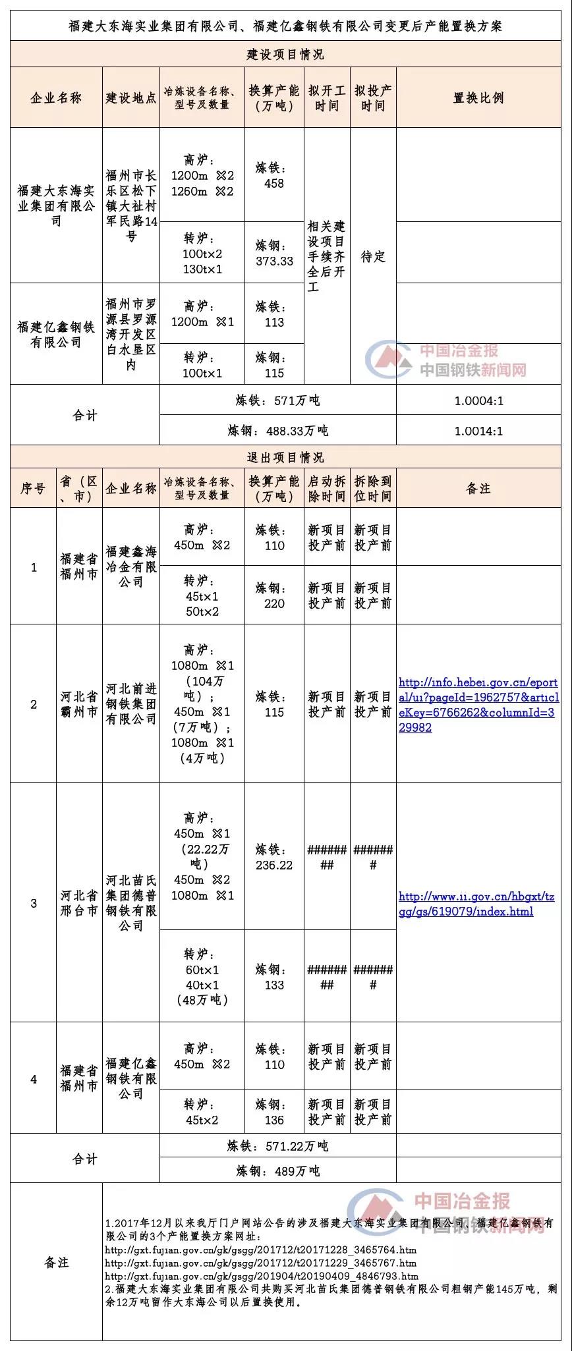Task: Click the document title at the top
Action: coord(285,26)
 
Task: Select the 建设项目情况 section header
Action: coord(285,54)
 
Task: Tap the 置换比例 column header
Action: coord(478,97)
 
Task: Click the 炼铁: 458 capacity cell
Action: coord(274,176)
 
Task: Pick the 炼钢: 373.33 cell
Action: coord(274,253)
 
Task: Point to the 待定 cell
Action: coord(373,256)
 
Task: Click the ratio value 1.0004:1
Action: coord(478,400)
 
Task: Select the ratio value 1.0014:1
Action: coord(478,431)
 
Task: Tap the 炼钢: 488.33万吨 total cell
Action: coord(277,431)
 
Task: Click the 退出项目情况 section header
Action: coord(285,457)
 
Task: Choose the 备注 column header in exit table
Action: coord(478,488)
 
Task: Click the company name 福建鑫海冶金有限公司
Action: coord(131,566)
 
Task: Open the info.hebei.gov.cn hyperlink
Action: coord(478,705)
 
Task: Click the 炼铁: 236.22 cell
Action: coord(274,857)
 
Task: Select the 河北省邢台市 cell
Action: coord(79,903)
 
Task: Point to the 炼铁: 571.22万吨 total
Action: coord(277,1146)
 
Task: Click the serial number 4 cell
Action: coord(34,1079)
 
